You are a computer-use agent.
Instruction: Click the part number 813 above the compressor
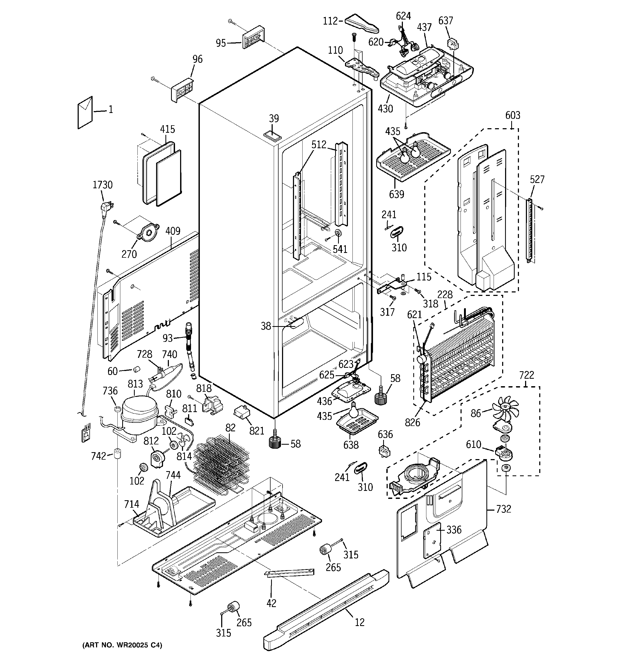(135, 384)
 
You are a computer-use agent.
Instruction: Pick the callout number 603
(513, 115)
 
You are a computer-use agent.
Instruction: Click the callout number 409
(173, 231)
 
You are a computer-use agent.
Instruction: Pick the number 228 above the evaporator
(445, 295)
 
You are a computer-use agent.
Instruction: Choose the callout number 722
(527, 375)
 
